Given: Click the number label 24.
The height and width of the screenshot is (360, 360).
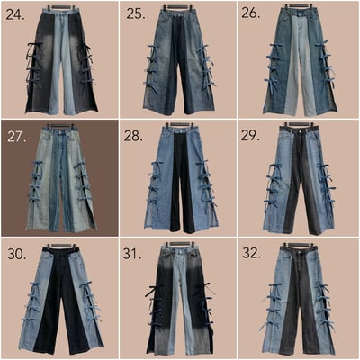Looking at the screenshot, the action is [x=15, y=14].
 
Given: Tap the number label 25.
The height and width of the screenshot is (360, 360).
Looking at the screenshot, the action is [x=135, y=13].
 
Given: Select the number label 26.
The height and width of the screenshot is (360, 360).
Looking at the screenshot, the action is [x=251, y=13].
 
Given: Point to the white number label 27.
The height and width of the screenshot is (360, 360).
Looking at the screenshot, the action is [x=18, y=137].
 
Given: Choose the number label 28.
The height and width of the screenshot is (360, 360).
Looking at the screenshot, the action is [x=132, y=137].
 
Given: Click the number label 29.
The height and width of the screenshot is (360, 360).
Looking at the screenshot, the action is [x=250, y=136].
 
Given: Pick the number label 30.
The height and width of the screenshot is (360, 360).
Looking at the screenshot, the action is [x=17, y=254].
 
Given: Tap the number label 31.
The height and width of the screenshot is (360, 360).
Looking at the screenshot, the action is [x=132, y=254].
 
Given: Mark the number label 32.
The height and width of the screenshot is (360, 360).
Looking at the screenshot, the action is [x=251, y=253].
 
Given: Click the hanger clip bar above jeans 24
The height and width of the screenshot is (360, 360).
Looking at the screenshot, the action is [x=62, y=6].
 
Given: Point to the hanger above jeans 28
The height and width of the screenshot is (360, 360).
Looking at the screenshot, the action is [x=180, y=124].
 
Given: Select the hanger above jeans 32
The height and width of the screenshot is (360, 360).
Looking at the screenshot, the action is [x=298, y=245].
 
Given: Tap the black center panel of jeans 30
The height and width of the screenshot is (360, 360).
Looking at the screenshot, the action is [x=61, y=300].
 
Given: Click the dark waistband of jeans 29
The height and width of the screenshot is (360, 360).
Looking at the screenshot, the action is [x=297, y=131].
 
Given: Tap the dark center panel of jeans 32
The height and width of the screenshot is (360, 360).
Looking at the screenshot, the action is [x=298, y=306].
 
